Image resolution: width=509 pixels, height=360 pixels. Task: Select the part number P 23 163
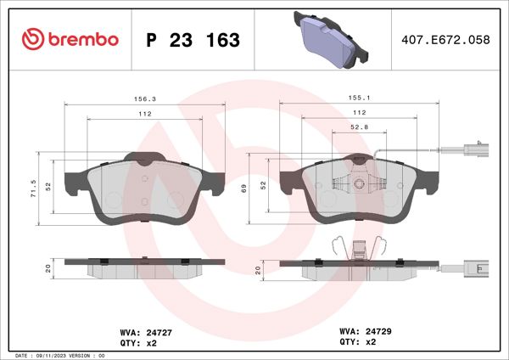coord(193,40)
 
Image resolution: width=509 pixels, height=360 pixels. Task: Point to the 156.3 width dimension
coord(145,98)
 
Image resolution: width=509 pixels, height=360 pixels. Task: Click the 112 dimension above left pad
coord(145,114)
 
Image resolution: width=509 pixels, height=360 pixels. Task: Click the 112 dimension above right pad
coord(359,114)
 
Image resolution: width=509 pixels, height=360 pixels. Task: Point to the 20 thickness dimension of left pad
coord(48,268)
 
